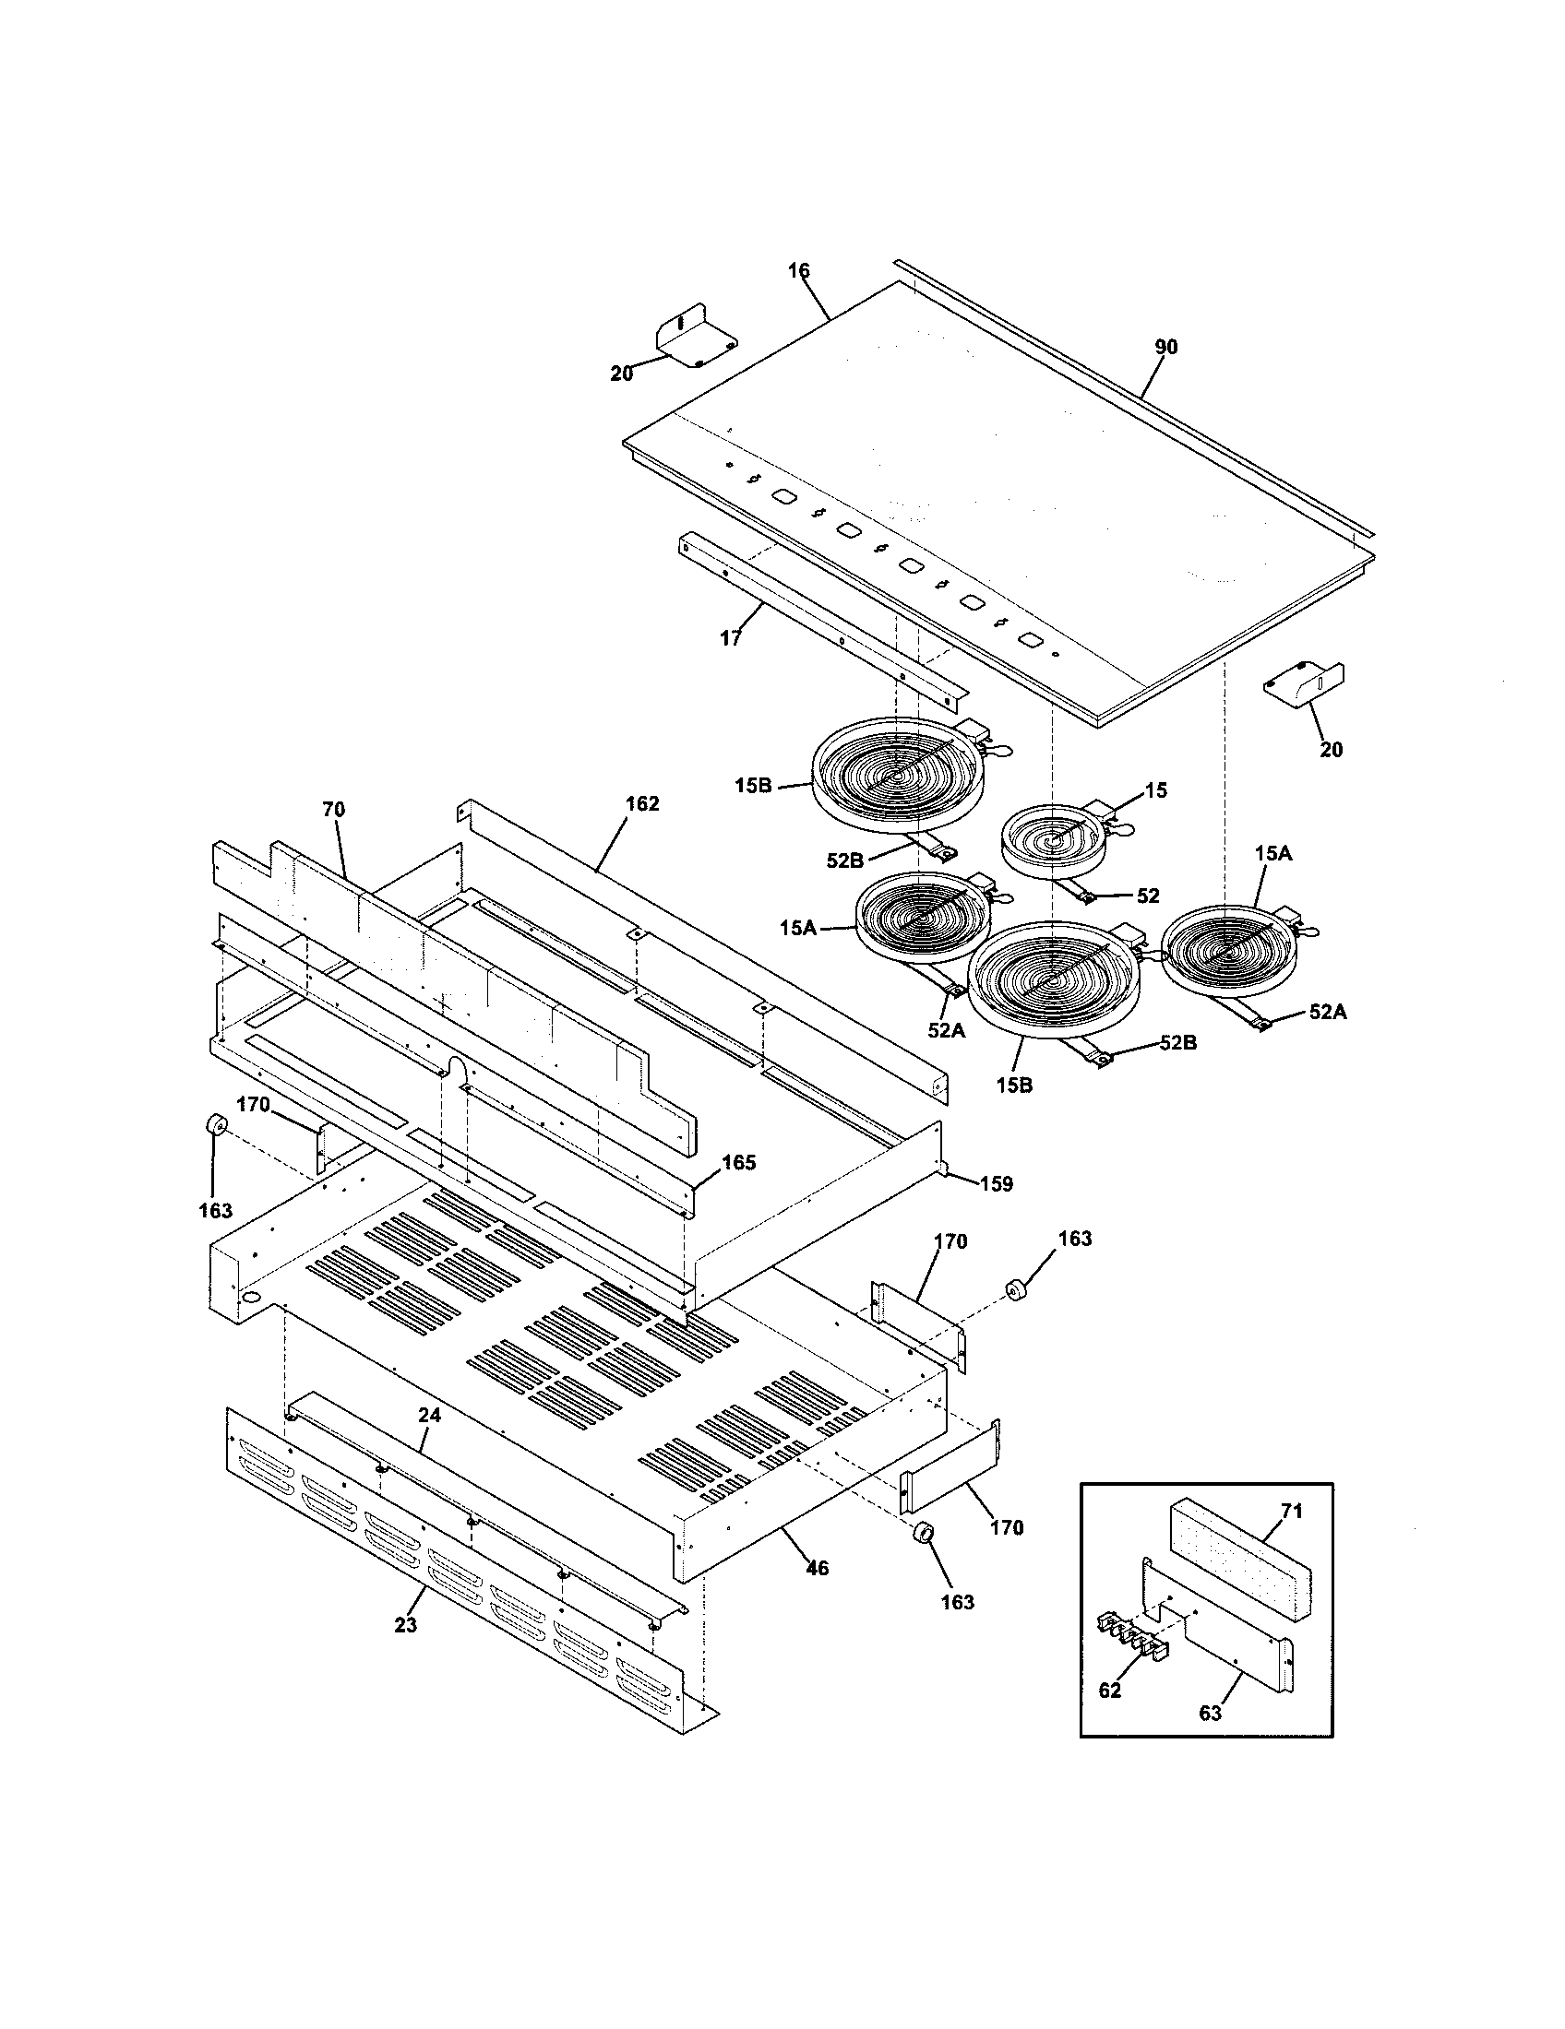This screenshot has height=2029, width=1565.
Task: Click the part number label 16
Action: (x=798, y=271)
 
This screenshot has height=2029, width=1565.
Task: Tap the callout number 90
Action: (x=1165, y=348)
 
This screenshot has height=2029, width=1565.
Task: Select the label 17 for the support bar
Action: (x=731, y=639)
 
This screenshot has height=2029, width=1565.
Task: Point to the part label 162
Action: (x=642, y=803)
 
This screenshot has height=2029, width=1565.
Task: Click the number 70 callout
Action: (x=334, y=810)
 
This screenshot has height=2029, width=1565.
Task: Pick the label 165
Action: (x=739, y=1162)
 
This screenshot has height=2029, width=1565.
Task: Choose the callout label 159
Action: (x=996, y=1183)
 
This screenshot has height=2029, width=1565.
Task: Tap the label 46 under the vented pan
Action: (x=816, y=1568)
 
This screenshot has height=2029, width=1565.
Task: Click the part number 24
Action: (x=429, y=1416)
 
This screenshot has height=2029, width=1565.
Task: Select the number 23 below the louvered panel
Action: (x=405, y=1625)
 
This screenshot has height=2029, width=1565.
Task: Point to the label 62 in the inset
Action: (x=1110, y=1691)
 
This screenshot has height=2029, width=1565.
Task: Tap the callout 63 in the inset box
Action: (x=1209, y=1714)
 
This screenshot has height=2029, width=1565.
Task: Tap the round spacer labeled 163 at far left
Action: (x=217, y=1126)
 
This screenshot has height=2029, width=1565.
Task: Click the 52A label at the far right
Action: (x=1327, y=1013)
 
